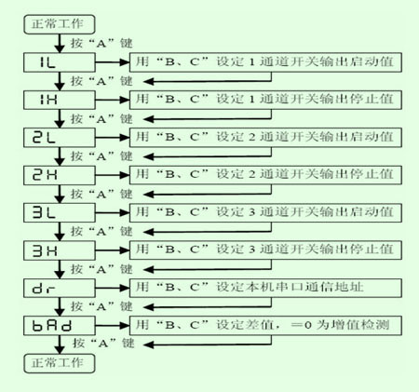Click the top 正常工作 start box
point(60,24)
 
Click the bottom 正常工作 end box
point(60,363)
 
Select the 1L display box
point(60,62)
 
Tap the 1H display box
point(60,100)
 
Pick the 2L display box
point(60,138)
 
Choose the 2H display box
point(60,175)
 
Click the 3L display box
point(60,213)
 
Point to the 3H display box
point(60,250)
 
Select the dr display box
point(60,288)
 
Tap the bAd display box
point(60,326)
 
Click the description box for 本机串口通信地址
point(265,288)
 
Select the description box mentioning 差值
point(265,326)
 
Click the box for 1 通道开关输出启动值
point(265,62)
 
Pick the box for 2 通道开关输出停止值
point(265,175)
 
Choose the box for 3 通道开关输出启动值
point(265,213)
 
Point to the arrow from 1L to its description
point(113,62)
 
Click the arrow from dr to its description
point(113,288)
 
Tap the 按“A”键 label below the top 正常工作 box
point(101,43)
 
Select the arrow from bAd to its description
point(113,326)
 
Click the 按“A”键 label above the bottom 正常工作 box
point(103,344)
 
